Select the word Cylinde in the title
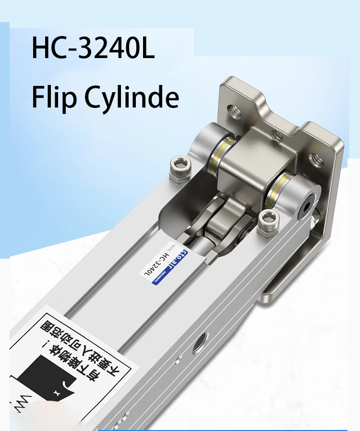132,97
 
